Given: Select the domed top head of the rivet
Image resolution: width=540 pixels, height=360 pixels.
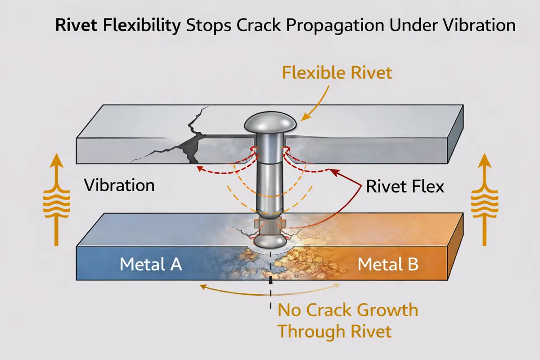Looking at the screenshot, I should pos(270,121).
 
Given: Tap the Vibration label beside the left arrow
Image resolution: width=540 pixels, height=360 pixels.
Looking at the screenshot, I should pos(120,185).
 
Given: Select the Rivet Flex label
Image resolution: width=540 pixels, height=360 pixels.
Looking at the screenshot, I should pos(405,186).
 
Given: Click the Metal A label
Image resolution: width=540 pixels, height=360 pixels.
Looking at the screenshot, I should pos(151,264).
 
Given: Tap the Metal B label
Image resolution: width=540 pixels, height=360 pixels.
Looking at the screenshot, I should pos(388,264).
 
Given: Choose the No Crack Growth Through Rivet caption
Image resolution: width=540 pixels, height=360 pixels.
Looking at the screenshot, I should pos(347,321).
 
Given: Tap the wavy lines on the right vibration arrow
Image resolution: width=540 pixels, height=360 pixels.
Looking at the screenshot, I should pos(484,201).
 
